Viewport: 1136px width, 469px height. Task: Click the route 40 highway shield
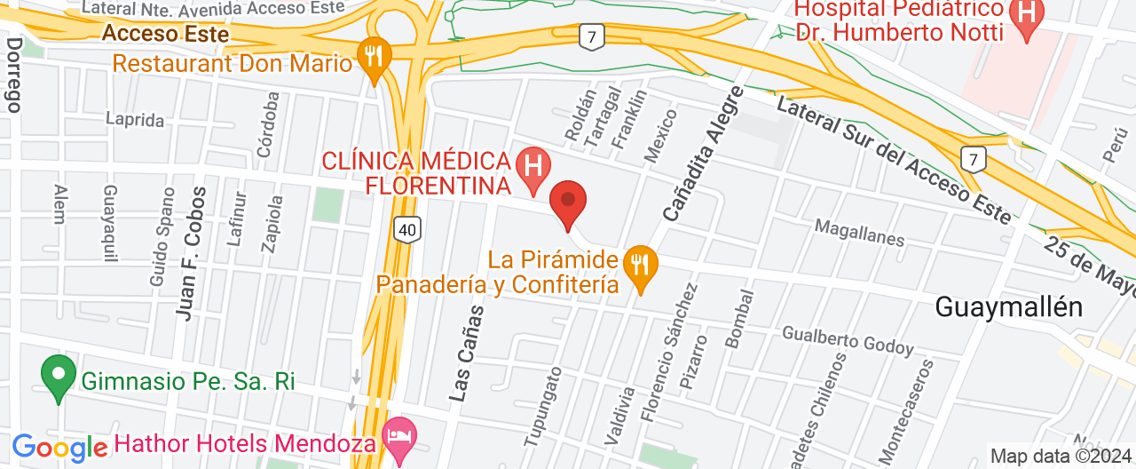[x=406, y=230]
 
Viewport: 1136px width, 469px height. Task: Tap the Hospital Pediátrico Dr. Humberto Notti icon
[x=1028, y=16]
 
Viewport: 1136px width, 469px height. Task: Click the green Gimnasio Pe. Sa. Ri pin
[x=59, y=377]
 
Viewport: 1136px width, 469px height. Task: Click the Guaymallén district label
[x=1009, y=307]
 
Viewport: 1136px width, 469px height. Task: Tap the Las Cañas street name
[x=467, y=354]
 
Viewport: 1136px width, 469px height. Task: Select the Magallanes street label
[x=858, y=234]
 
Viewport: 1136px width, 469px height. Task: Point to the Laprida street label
[x=135, y=119]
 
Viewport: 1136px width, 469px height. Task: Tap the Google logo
[x=60, y=448]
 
